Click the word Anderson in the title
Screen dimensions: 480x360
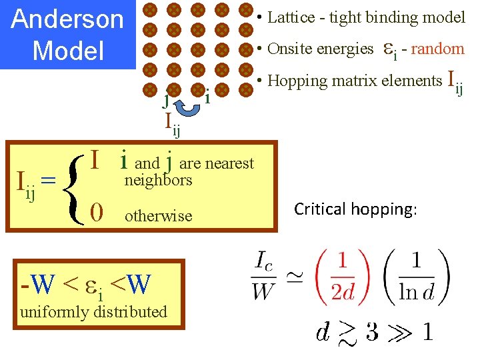pos(68,19)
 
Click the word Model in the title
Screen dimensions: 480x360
pos(68,50)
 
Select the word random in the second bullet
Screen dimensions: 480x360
pos(437,49)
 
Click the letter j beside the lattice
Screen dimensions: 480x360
pos(166,100)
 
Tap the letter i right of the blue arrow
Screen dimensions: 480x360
pos(208,97)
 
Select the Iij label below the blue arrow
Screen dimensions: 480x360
pos(173,123)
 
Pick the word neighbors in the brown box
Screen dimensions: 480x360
pos(159,180)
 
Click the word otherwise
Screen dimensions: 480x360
pos(159,216)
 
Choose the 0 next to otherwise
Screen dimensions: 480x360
pos(97,213)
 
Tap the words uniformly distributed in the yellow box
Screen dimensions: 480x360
pos(93,311)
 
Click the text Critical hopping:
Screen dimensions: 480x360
pos(355,209)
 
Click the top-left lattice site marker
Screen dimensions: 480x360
pos(151,10)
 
